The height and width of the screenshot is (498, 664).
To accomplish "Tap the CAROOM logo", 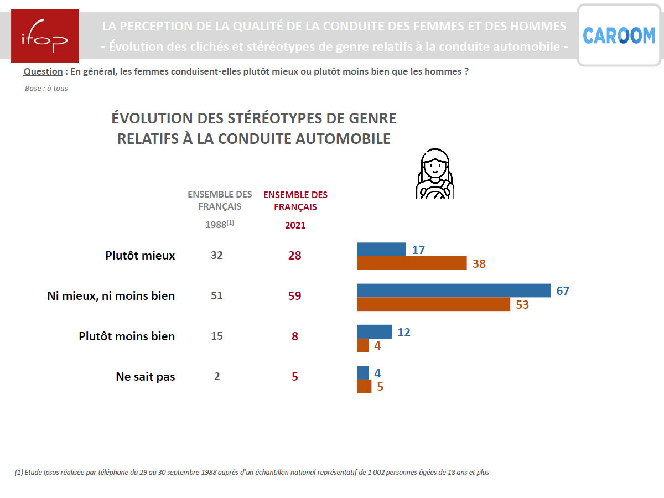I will click(619, 36).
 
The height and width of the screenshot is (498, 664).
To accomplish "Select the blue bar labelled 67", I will click(454, 290).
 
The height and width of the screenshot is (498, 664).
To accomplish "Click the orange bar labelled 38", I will click(412, 263).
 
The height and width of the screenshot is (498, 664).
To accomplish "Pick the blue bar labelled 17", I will click(381, 250).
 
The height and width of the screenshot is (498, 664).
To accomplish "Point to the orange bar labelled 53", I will click(433, 304).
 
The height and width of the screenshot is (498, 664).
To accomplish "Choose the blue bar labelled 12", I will click(374, 331).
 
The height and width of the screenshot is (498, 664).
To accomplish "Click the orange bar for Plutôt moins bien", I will click(363, 345).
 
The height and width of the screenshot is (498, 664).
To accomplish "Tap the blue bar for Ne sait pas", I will click(363, 372).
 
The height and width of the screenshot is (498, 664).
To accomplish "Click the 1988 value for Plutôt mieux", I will click(217, 255).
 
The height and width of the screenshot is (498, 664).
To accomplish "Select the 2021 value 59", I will click(295, 296).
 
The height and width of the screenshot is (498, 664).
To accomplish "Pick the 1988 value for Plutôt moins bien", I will click(217, 336).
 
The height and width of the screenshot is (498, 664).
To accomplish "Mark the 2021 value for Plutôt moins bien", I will click(295, 336).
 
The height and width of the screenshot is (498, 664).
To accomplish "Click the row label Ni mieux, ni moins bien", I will click(111, 296).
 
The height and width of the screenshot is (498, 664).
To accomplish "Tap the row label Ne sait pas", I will click(146, 377).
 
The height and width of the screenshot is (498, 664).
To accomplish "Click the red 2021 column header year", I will click(295, 225).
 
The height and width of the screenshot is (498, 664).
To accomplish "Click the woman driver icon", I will click(435, 174).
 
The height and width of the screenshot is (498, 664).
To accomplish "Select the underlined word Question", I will click(43, 71).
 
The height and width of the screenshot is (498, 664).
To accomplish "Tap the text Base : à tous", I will click(46, 89).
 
